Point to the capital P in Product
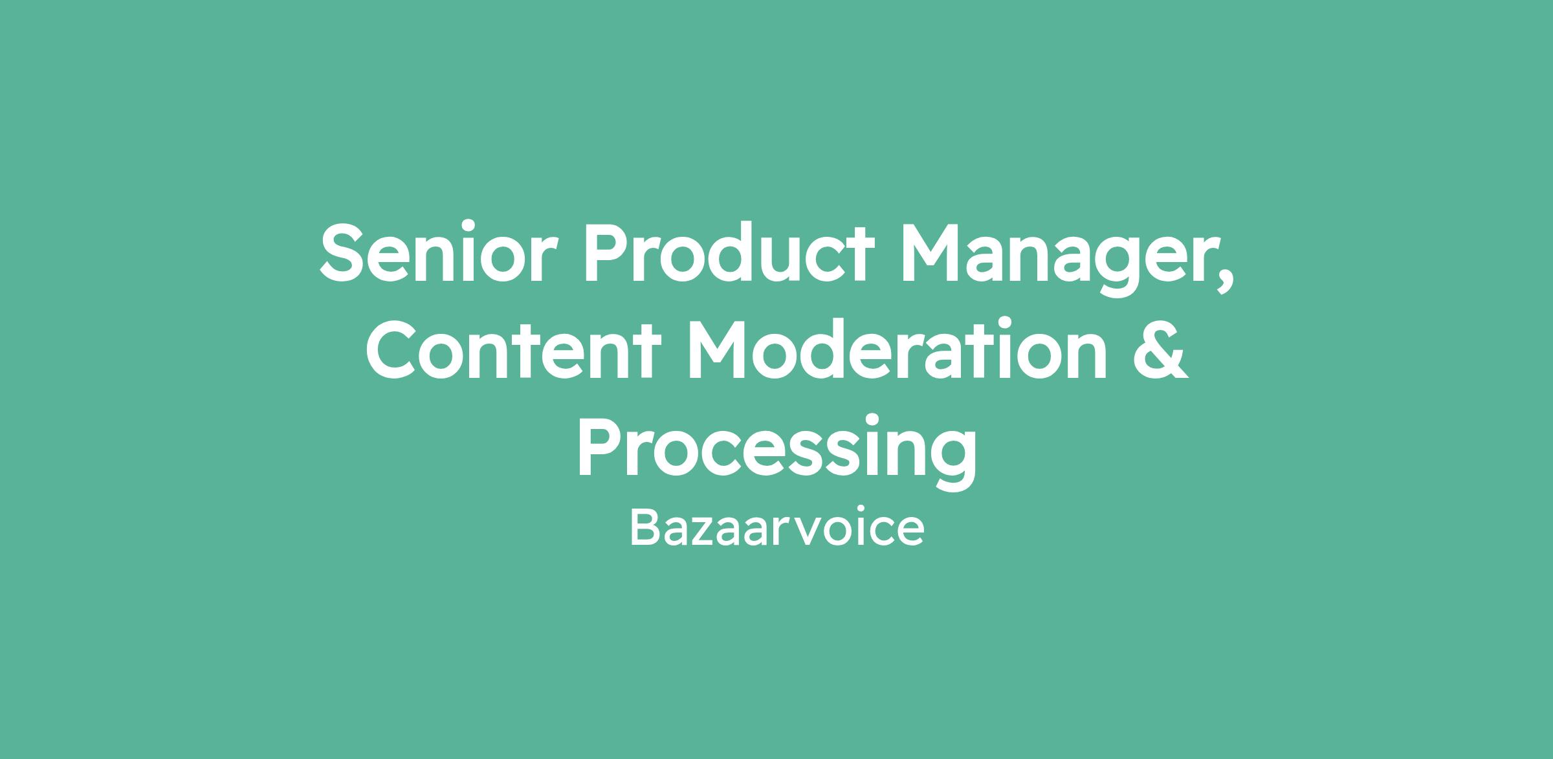pyautogui.click(x=610, y=253)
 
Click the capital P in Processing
pyautogui.click(x=602, y=447)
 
